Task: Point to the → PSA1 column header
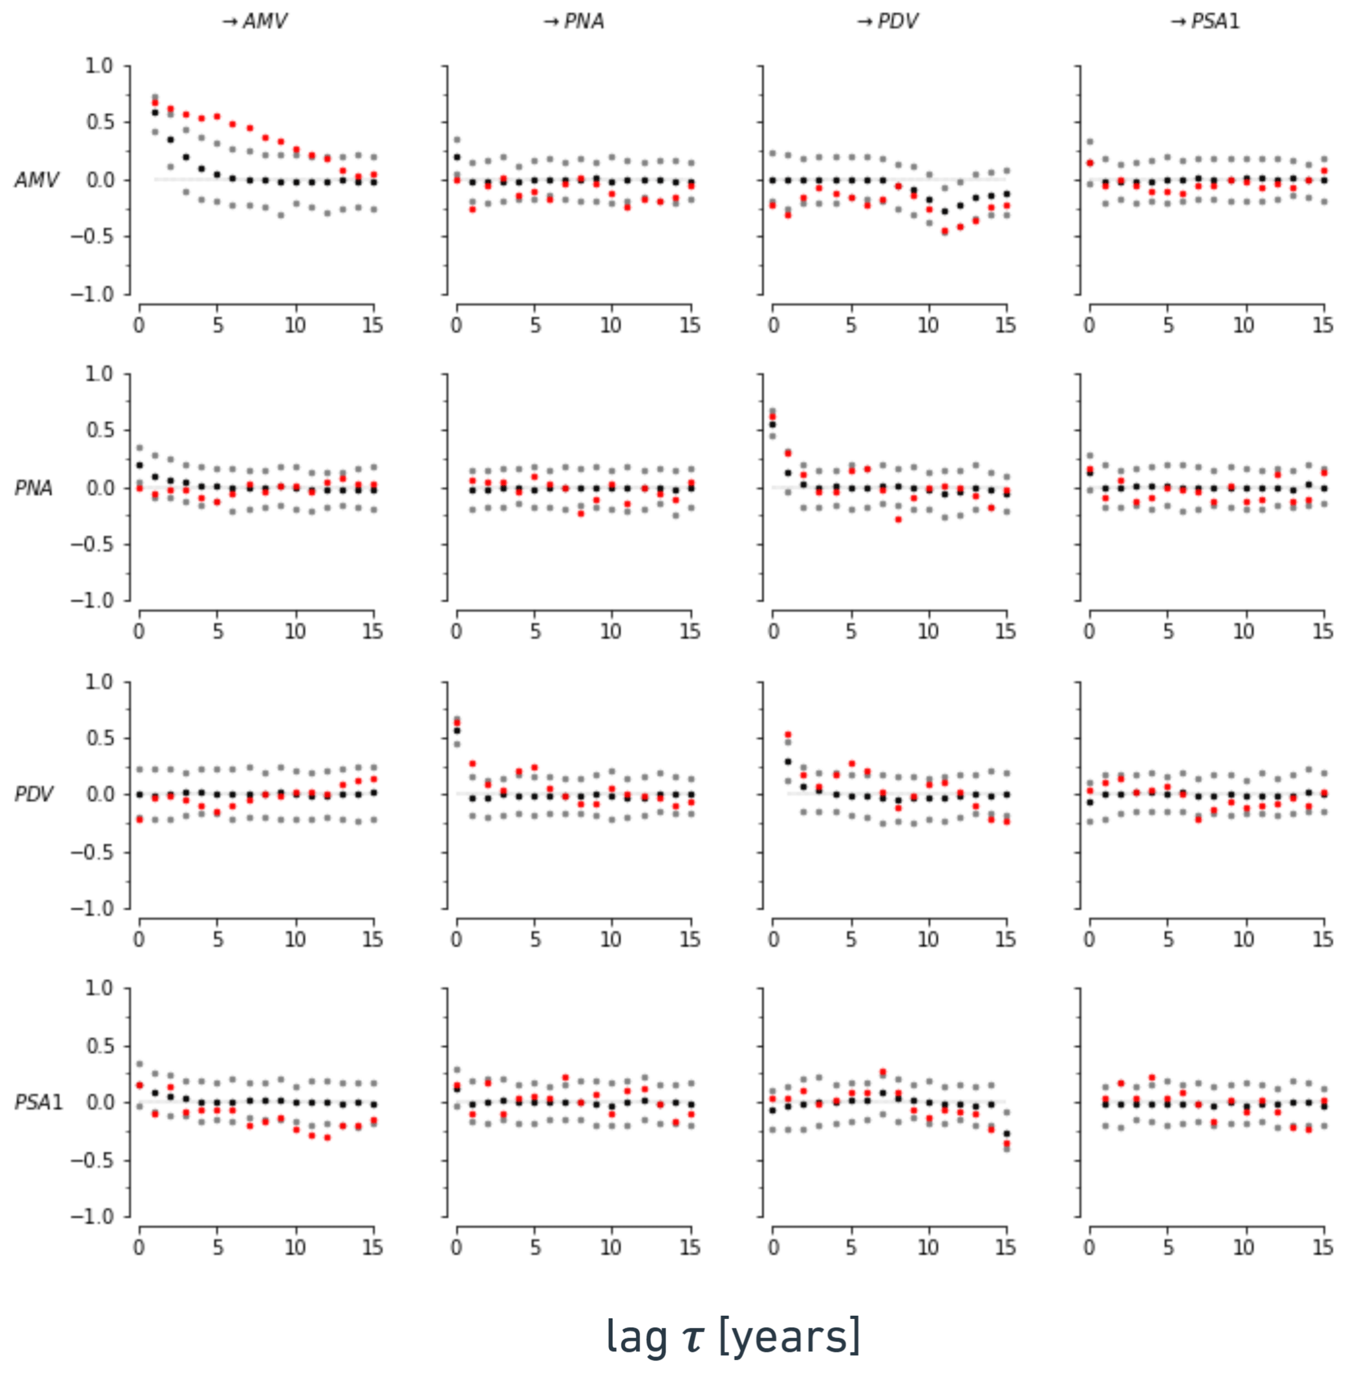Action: pyautogui.click(x=1205, y=22)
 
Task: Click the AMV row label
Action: pyautogui.click(x=36, y=180)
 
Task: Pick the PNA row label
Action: pyautogui.click(x=34, y=488)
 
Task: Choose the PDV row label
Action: pyautogui.click(x=34, y=794)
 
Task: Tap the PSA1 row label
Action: pyautogui.click(x=38, y=1102)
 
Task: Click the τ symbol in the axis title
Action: pyautogui.click(x=693, y=1337)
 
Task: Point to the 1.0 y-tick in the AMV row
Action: pyautogui.click(x=98, y=66)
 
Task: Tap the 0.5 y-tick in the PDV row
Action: pyautogui.click(x=98, y=738)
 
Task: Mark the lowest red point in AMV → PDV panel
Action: pyautogui.click(x=945, y=231)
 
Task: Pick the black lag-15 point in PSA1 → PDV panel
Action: pyautogui.click(x=1006, y=1133)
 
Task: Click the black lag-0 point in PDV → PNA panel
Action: pyautogui.click(x=457, y=731)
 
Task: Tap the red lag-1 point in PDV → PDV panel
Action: pyautogui.click(x=788, y=735)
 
